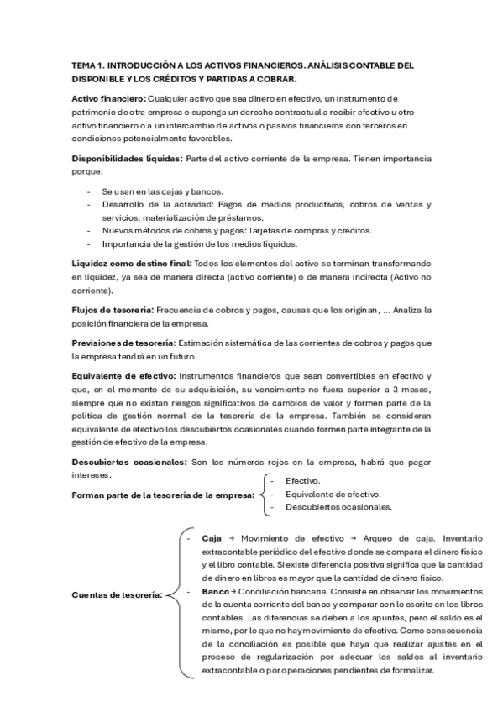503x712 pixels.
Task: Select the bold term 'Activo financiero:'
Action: [108, 99]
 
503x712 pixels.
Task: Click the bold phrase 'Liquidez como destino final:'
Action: [131, 264]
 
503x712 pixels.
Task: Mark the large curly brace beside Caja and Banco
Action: [174, 595]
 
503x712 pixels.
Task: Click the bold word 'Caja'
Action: [212, 537]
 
